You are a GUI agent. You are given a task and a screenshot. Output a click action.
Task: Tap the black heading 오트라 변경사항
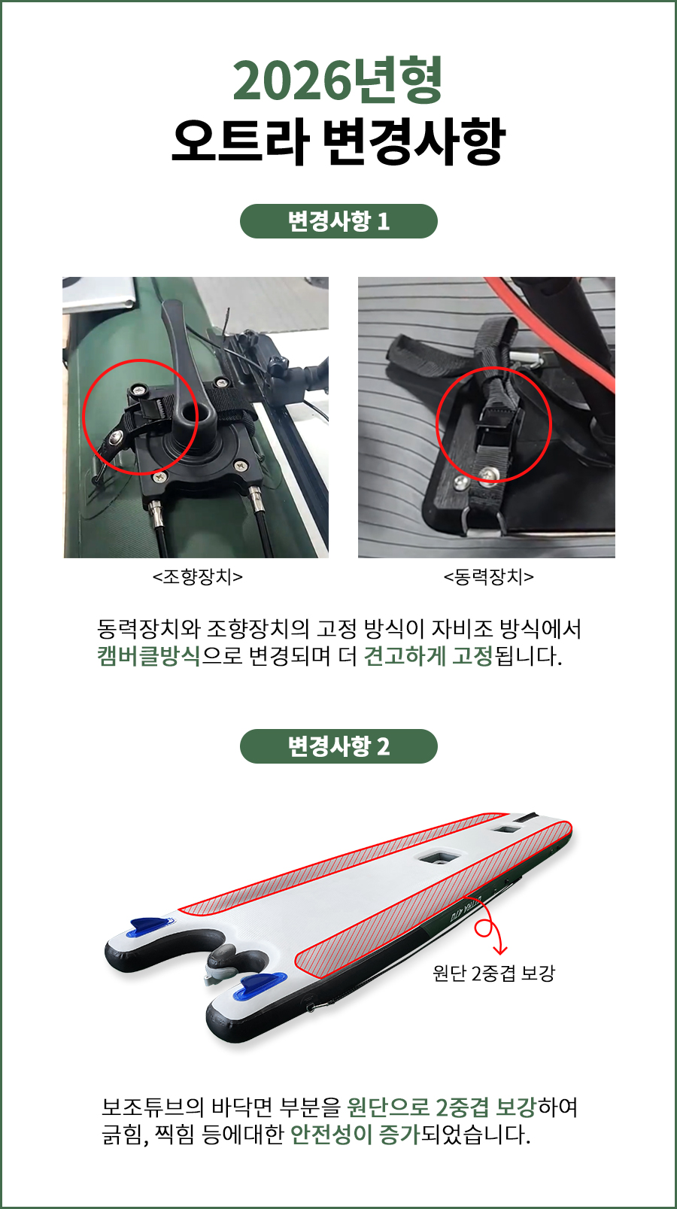pyautogui.click(x=338, y=141)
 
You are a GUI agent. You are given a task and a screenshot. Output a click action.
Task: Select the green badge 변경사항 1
pyautogui.click(x=338, y=221)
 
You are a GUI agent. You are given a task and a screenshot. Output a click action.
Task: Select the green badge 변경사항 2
pyautogui.click(x=338, y=746)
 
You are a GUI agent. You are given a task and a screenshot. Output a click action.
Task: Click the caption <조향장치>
pyautogui.click(x=197, y=577)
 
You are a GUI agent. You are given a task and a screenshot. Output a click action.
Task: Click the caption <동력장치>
pyautogui.click(x=488, y=577)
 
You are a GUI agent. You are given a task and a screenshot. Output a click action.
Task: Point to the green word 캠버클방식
pyautogui.click(x=149, y=656)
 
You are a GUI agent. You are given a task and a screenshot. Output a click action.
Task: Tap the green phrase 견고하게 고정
pyautogui.click(x=428, y=656)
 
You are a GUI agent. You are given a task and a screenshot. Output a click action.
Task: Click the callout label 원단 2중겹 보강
pyautogui.click(x=493, y=973)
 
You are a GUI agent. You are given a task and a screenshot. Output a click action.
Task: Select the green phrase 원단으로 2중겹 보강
pyautogui.click(x=442, y=1107)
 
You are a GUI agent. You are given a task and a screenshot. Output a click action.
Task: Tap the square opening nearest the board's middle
pyautogui.click(x=441, y=856)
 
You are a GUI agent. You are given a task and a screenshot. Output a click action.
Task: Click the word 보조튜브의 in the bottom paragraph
pyautogui.click(x=153, y=1107)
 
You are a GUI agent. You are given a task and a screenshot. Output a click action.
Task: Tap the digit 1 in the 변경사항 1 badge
pyautogui.click(x=383, y=222)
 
